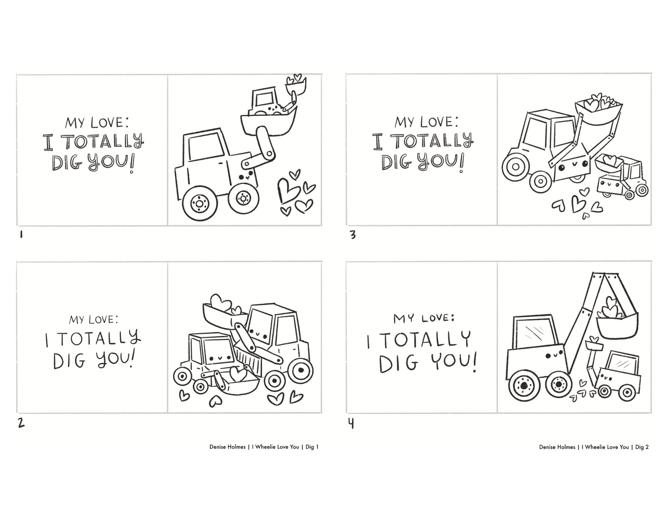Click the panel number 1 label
21,234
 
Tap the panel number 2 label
21,423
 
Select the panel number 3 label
353,235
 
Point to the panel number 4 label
351,424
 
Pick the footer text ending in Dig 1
264,447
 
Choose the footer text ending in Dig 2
594,447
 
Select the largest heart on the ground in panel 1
288,190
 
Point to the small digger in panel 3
622,177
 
